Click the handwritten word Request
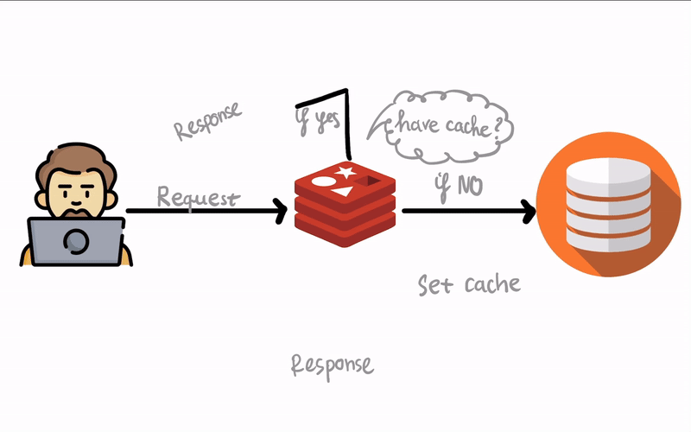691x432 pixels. click(x=197, y=197)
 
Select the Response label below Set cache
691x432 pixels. click(x=333, y=364)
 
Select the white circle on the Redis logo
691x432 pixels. click(x=323, y=181)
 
